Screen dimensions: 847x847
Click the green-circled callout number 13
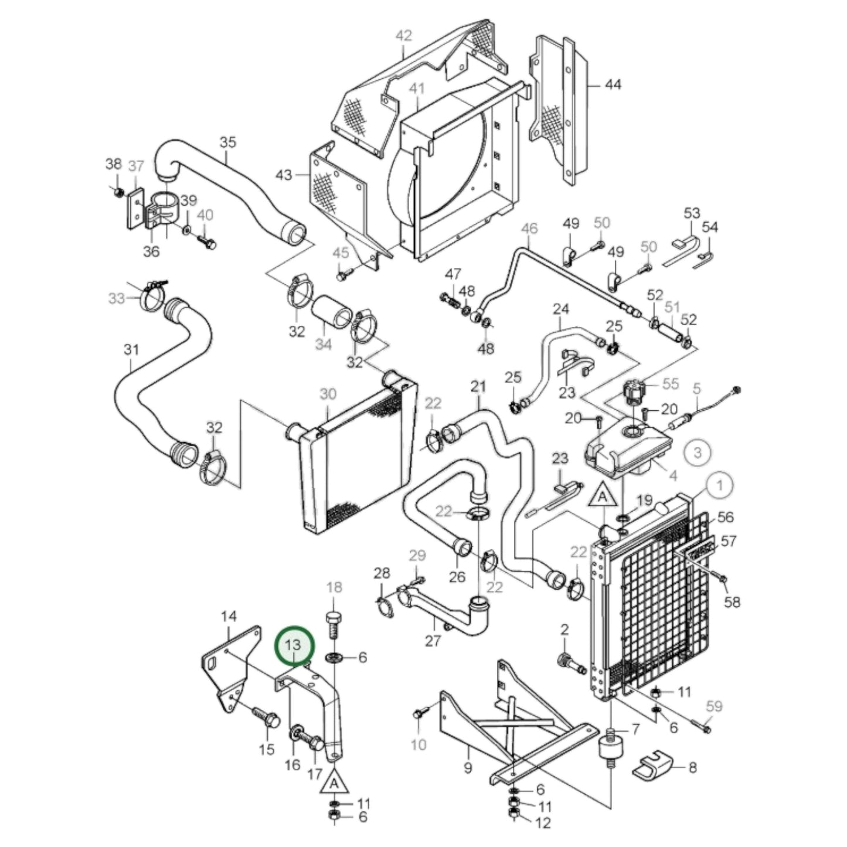[294, 645]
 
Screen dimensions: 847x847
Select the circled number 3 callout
[698, 453]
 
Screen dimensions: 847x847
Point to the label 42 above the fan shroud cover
[404, 36]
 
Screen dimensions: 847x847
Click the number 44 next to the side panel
[613, 85]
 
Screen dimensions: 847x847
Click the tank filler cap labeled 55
[634, 390]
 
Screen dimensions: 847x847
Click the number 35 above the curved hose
[227, 142]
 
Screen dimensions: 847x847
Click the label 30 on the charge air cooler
[328, 394]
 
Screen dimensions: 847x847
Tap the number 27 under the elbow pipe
[433, 641]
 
